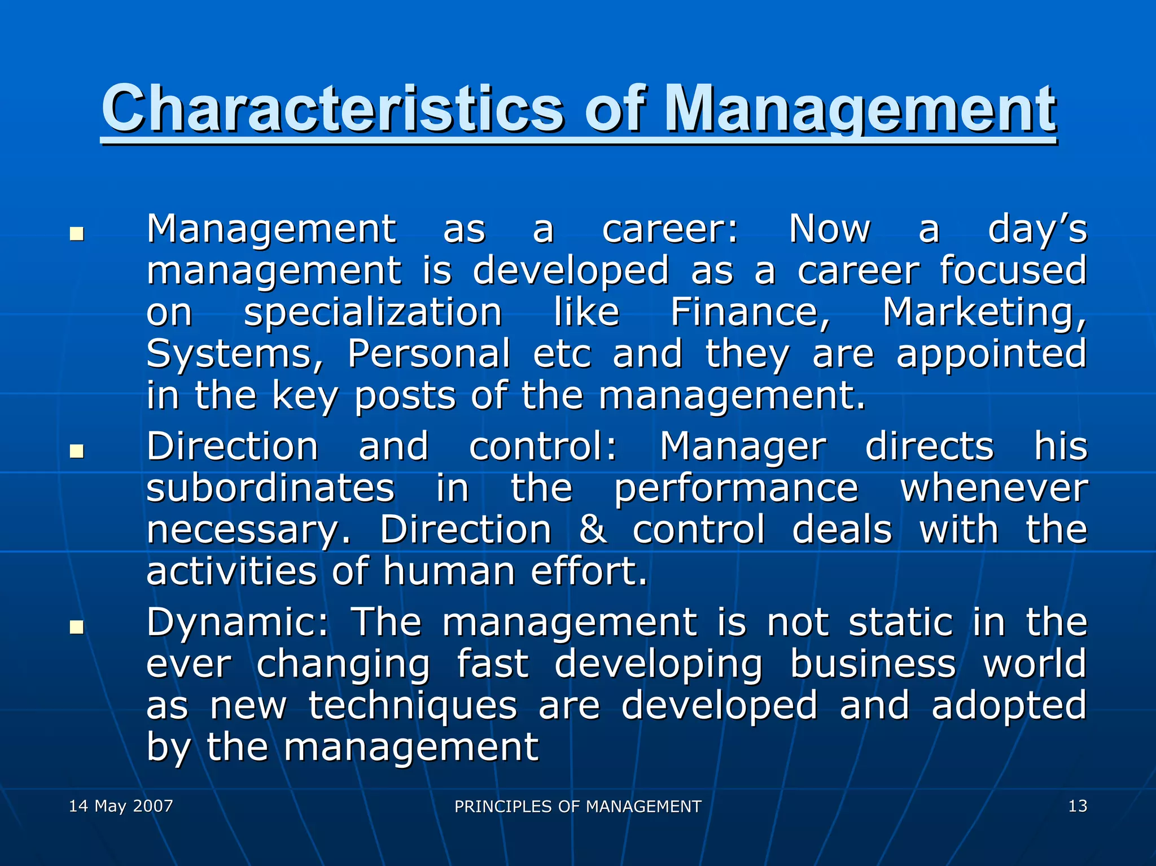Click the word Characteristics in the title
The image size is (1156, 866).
point(332,107)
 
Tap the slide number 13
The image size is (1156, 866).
point(1077,806)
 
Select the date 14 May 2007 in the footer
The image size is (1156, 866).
point(121,806)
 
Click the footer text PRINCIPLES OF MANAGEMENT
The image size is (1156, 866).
point(577,806)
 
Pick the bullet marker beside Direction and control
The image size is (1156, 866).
point(77,451)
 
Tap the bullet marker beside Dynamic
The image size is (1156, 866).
point(77,627)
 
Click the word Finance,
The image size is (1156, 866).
point(750,312)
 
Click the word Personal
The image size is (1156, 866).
point(428,354)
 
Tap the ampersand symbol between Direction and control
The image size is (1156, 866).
point(593,530)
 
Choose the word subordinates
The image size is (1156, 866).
point(270,488)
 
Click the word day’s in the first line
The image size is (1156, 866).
point(1036,230)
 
